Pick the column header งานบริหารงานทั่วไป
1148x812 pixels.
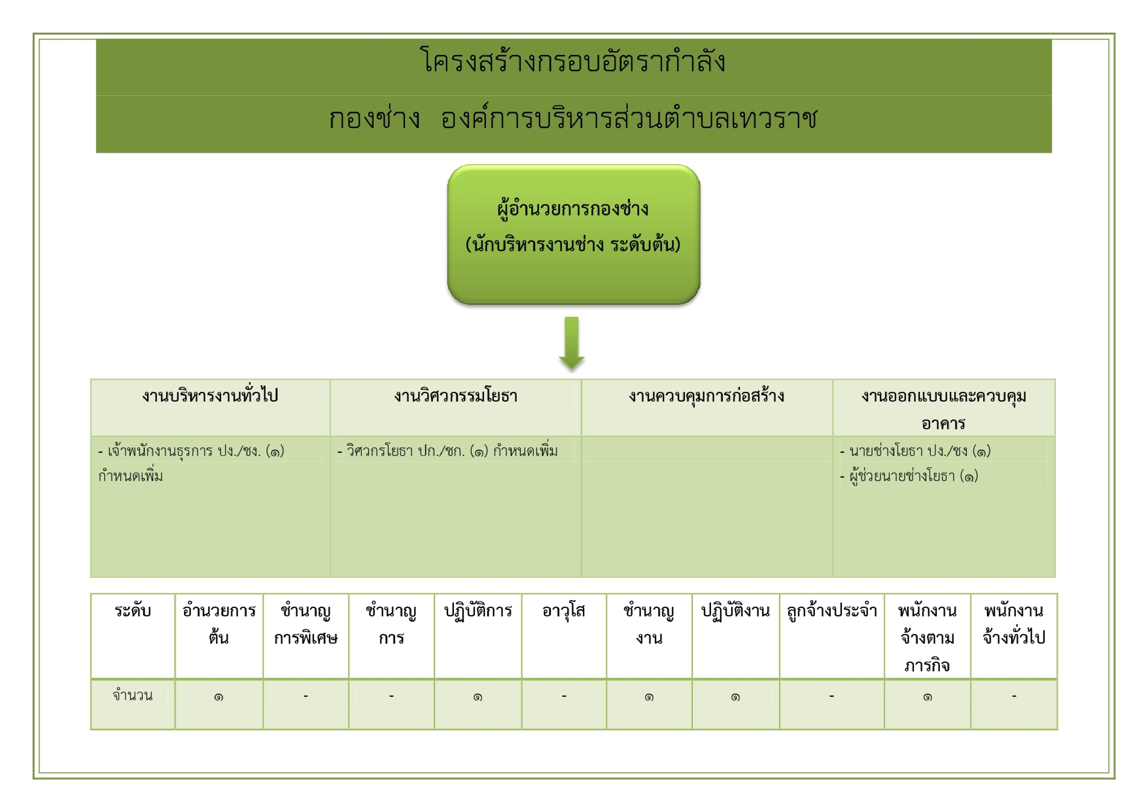coord(210,396)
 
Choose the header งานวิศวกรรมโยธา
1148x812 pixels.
coord(455,396)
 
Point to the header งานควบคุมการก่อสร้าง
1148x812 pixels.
coord(707,396)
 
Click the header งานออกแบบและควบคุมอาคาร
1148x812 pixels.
coord(944,409)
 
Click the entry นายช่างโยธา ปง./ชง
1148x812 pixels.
coord(915,451)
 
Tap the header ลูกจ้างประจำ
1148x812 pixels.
coord(832,611)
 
